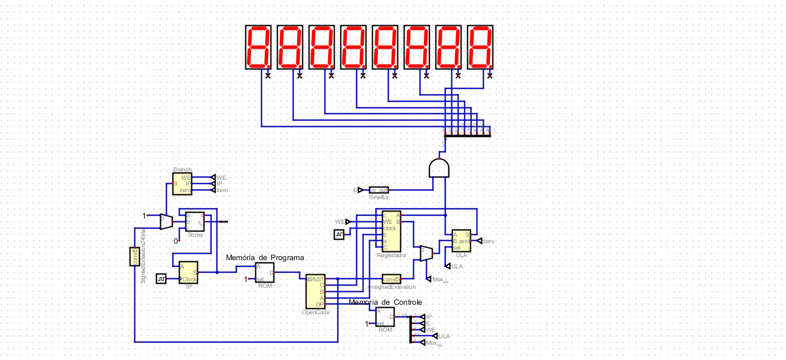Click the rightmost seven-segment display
coord(480,47)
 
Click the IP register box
coord(188,272)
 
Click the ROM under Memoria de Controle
coord(385,317)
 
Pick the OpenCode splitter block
coord(315,291)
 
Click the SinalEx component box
coord(379,190)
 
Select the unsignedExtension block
coord(391,279)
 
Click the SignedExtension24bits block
coord(133,257)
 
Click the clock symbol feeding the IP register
coord(161,278)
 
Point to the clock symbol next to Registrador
coord(339,235)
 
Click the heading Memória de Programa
coord(265,258)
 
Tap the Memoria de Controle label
coord(385,302)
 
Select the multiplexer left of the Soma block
coord(166,221)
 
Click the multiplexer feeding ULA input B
coord(426,253)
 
